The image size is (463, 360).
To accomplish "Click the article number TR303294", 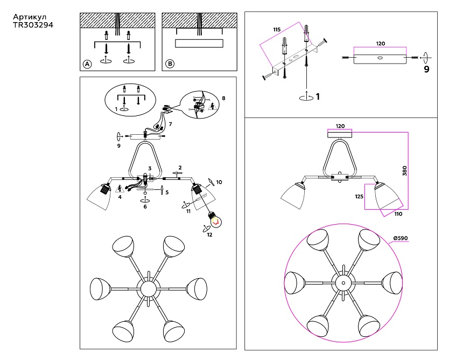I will coord(33,25).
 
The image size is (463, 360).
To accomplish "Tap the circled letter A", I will coord(87,64).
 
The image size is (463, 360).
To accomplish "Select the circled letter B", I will coord(170,64).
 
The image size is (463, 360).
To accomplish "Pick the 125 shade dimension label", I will coord(359,197).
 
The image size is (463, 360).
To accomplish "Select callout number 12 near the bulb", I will coord(209,235).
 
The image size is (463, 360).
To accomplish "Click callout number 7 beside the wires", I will coord(170,124).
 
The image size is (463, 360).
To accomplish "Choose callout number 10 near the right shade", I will coord(219,182).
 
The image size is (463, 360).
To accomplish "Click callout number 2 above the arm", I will coord(180,168).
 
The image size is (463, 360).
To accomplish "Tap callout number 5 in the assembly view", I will coord(167,192).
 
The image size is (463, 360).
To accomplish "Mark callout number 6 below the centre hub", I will coord(145,206).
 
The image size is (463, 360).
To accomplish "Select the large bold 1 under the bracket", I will coord(318,97).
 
